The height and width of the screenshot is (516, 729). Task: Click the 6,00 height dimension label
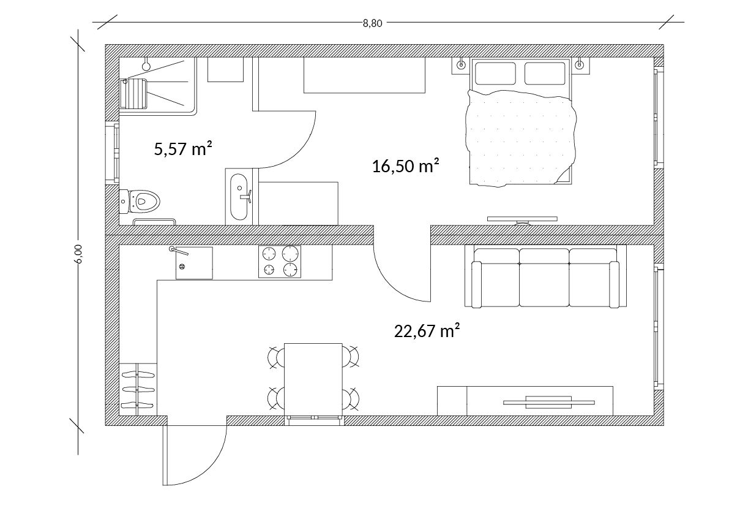[x=78, y=253]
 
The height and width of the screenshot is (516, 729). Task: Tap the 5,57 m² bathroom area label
[x=183, y=148]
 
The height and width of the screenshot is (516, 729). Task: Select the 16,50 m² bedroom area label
[x=406, y=165]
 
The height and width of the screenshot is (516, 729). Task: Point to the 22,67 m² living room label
[x=427, y=331]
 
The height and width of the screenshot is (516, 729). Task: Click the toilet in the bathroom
[x=141, y=200]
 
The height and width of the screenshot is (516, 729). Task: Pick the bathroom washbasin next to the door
[x=238, y=197]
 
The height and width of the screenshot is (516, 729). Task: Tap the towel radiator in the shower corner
[x=133, y=93]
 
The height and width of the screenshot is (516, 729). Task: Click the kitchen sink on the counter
[x=193, y=264]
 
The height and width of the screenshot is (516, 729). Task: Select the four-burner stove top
[x=280, y=262]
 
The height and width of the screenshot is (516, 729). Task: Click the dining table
[x=313, y=379]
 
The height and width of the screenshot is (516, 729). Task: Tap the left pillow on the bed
[x=495, y=73]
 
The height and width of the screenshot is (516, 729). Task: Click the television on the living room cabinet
[x=548, y=402]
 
